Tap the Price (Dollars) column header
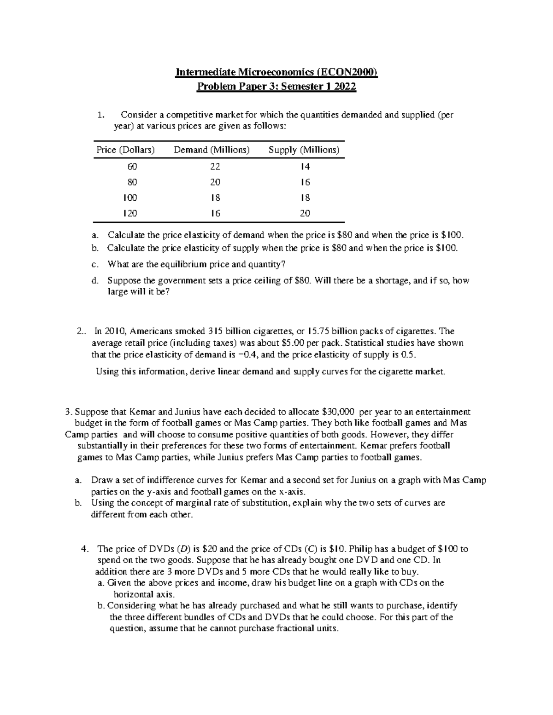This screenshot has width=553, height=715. pos(125,150)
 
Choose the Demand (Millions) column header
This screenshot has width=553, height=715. pos(212,150)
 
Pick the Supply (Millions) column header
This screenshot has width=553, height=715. pos(304,150)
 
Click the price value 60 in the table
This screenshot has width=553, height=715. pos(132,166)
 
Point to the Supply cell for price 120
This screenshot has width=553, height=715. pos(305,213)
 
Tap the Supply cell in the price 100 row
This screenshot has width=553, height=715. pos(305,198)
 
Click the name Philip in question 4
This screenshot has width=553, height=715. pos(361,549)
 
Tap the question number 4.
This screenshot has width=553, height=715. pos(83,549)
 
